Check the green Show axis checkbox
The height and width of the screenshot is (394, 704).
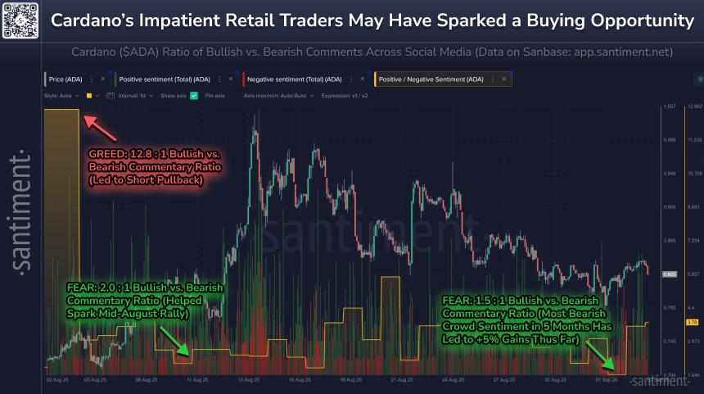pos(194,96)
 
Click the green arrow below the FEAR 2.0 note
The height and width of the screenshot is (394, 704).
pos(177,342)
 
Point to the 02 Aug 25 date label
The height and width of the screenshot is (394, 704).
pos(56,380)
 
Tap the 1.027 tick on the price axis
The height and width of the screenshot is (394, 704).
pos(669,106)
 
